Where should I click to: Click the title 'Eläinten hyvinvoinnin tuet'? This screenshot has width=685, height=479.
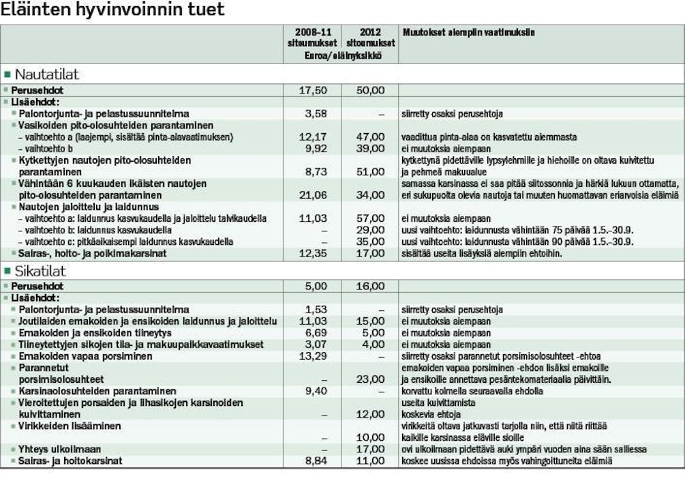pos(112,11)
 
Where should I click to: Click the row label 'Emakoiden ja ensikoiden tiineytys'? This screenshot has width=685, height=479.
pos(95,333)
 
